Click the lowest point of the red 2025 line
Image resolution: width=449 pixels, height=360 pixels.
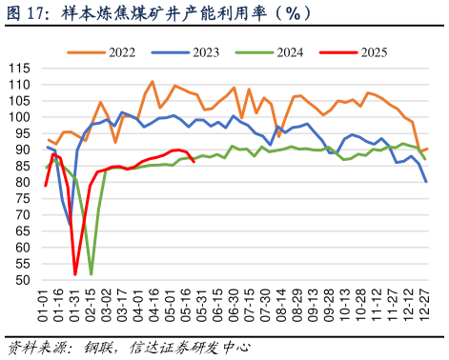75,274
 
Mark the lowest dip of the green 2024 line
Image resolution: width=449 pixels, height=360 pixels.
92,274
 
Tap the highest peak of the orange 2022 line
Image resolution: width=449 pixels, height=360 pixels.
153,82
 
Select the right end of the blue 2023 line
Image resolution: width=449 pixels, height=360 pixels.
426,182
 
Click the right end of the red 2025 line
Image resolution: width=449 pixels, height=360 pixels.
194,162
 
